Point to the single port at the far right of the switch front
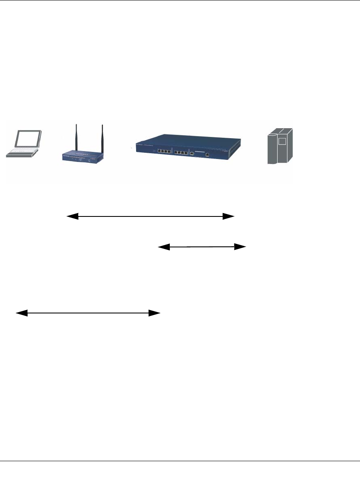click(207, 154)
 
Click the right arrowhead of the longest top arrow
click(228, 216)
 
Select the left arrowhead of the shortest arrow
click(164, 247)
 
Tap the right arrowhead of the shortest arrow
click(241, 247)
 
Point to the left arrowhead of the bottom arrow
click(21, 313)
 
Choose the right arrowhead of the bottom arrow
click(155, 313)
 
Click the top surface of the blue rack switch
click(187, 140)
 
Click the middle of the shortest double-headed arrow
click(202, 247)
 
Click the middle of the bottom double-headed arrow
click(88, 313)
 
